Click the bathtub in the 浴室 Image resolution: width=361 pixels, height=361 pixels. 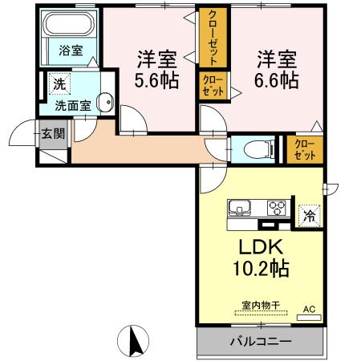(68, 24)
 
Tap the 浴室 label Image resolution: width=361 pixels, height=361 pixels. (71, 51)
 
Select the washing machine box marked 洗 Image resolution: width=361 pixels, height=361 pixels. (59, 84)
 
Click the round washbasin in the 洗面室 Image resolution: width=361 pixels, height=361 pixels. (105, 102)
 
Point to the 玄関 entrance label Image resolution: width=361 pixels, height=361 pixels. (53, 133)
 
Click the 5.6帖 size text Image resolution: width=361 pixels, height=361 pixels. (156, 80)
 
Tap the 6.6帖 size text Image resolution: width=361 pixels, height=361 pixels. (277, 80)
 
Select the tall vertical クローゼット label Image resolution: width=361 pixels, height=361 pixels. (213, 38)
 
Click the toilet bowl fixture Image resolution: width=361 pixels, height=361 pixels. (258, 149)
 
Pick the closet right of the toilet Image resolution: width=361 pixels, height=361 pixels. (305, 150)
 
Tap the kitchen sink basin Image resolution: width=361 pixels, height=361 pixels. (239, 207)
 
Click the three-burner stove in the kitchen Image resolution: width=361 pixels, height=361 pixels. (277, 208)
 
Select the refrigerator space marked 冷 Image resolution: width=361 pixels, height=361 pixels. (309, 216)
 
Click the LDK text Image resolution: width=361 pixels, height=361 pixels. (261, 247)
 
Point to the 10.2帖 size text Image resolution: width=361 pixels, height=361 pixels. (261, 268)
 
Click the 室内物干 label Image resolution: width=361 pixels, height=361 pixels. (261, 305)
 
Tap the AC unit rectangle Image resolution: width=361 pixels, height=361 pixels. (309, 318)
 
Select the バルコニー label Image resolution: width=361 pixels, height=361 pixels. (261, 342)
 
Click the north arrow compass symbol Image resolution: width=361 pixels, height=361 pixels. (133, 341)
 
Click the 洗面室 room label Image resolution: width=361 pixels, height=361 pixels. (73, 106)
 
